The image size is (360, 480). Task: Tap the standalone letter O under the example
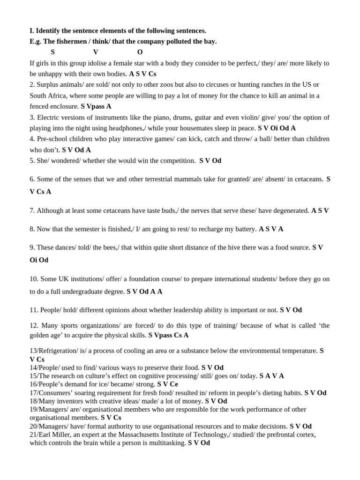tap(140, 52)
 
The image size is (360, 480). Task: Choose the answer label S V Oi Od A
tap(277, 128)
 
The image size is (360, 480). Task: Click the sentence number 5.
tap(31, 160)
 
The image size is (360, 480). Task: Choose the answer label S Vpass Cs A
tap(168, 335)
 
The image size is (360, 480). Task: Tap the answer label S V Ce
tap(168, 384)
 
